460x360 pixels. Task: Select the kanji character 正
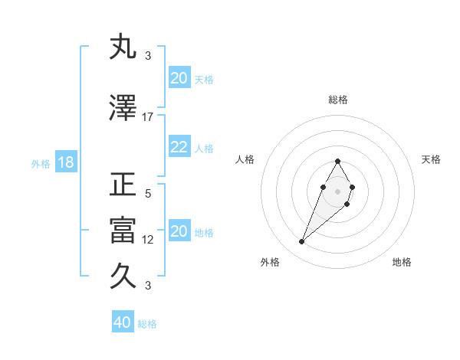[123, 185]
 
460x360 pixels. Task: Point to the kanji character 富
[123, 231]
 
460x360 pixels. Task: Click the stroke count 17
[148, 116]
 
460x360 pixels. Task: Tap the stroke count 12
[148, 239]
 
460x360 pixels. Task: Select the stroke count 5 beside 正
[148, 193]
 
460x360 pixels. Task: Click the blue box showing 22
[179, 147]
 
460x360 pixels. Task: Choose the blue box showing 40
[123, 322]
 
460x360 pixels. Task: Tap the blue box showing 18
[65, 163]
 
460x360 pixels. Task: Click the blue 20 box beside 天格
[179, 78]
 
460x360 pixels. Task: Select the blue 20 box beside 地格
[179, 231]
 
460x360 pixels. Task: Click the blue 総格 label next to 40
[147, 324]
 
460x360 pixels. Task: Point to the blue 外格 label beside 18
[40, 164]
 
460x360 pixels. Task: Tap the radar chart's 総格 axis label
[337, 100]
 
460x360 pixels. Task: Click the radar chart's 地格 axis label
[402, 262]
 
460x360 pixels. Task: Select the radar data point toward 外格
[301, 241]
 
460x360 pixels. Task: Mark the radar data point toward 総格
[337, 162]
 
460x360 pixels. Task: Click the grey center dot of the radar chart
[337, 191]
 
